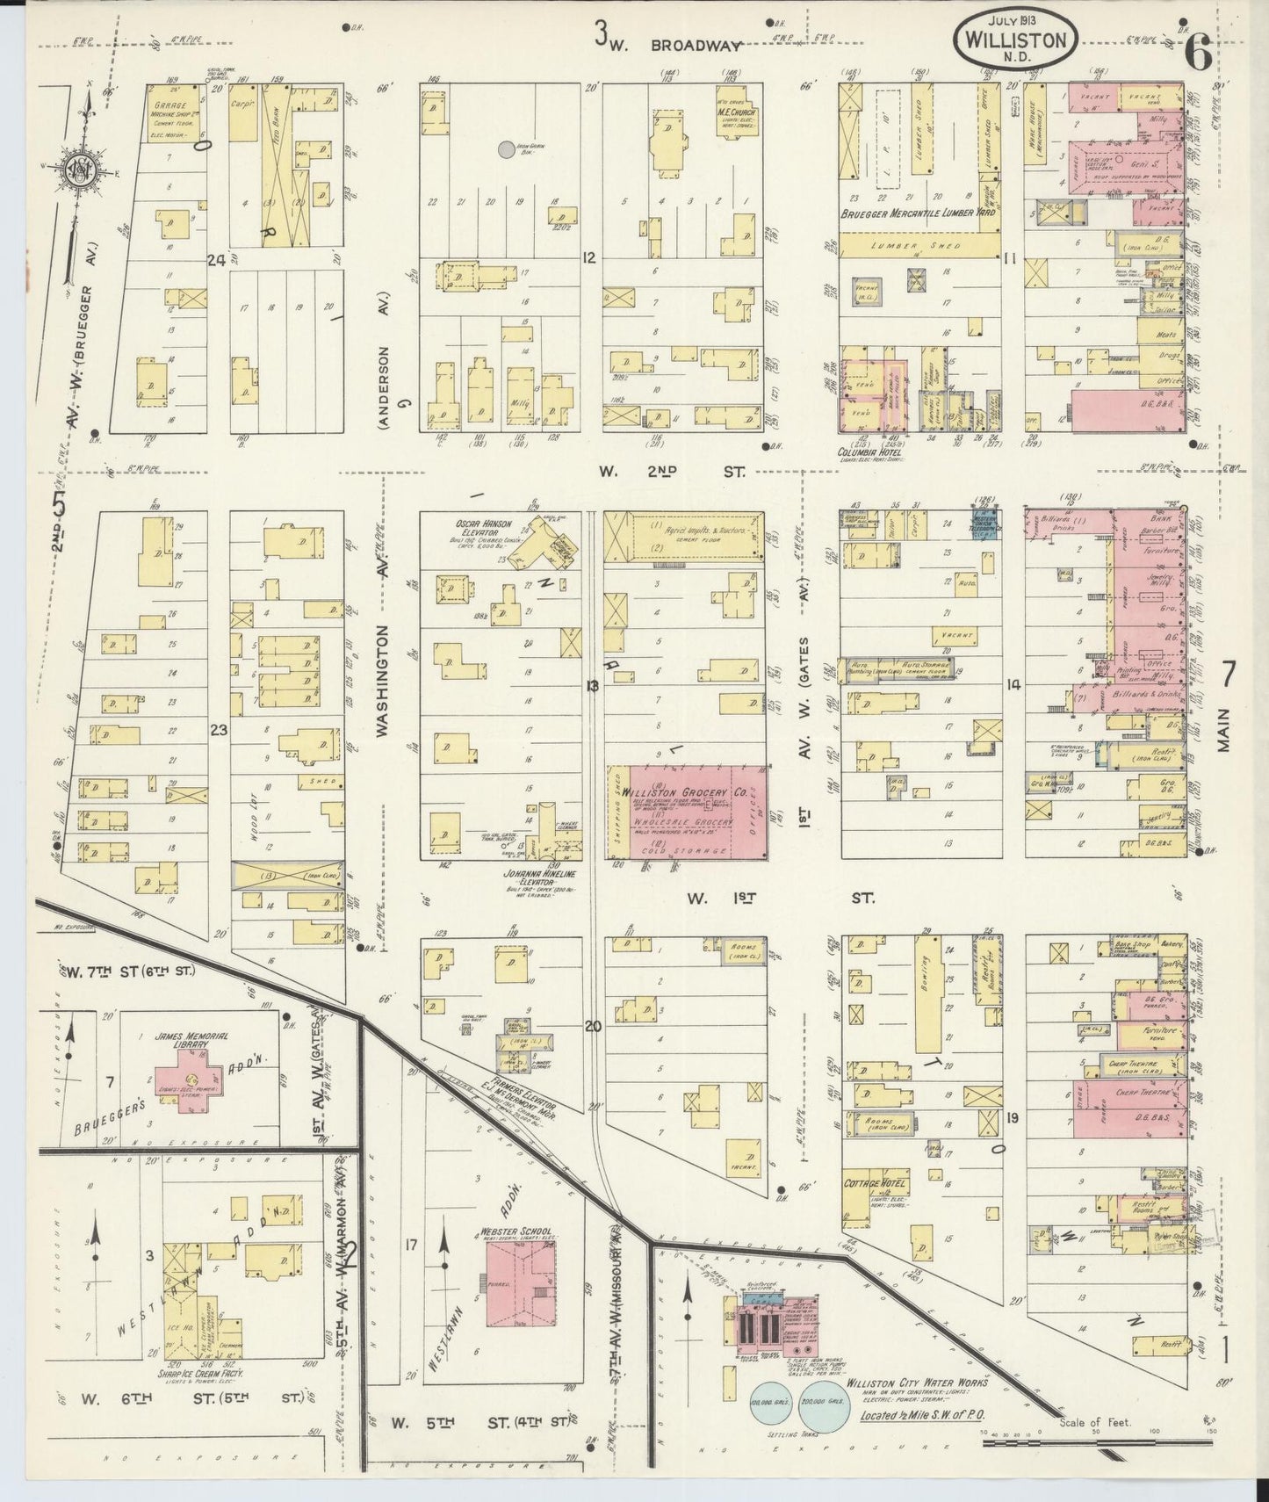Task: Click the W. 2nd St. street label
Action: click(x=673, y=472)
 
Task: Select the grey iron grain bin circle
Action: click(x=507, y=150)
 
